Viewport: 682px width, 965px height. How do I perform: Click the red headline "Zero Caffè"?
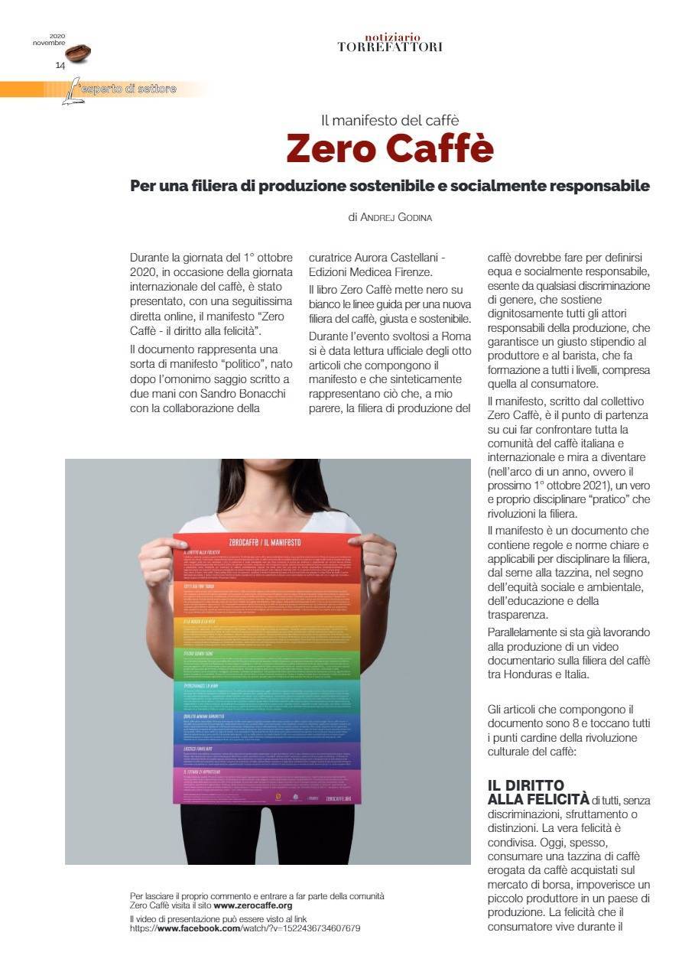(x=390, y=148)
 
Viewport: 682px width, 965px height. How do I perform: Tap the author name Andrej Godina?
(x=390, y=217)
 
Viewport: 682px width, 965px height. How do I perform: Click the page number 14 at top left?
(x=60, y=66)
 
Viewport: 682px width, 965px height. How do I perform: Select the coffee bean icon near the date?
(x=78, y=54)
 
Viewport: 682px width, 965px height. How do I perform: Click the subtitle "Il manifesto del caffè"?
(x=390, y=119)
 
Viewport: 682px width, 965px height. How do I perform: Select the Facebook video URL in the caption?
(x=245, y=928)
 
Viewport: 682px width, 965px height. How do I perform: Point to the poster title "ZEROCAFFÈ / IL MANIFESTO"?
(x=265, y=541)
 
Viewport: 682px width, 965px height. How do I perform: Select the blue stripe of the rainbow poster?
(x=265, y=726)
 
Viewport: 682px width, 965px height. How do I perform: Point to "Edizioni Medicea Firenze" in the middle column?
(x=370, y=272)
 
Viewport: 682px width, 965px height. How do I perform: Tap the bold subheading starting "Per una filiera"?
(x=390, y=186)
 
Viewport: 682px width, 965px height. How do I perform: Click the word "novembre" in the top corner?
(x=49, y=42)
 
